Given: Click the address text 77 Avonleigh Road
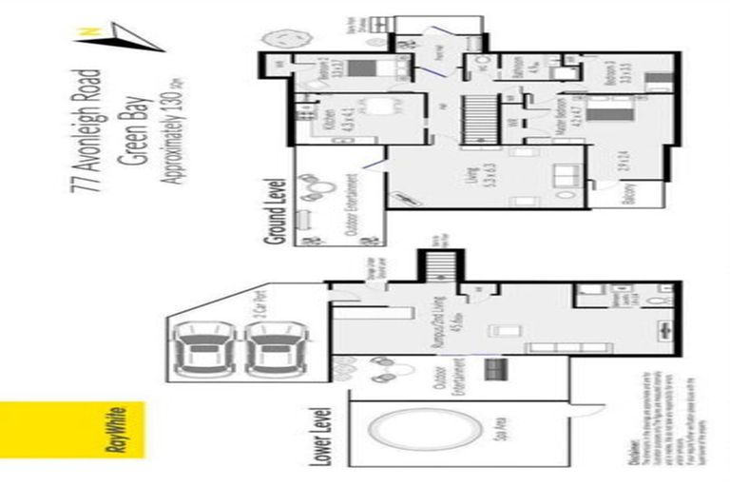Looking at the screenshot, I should pos(89,129).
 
